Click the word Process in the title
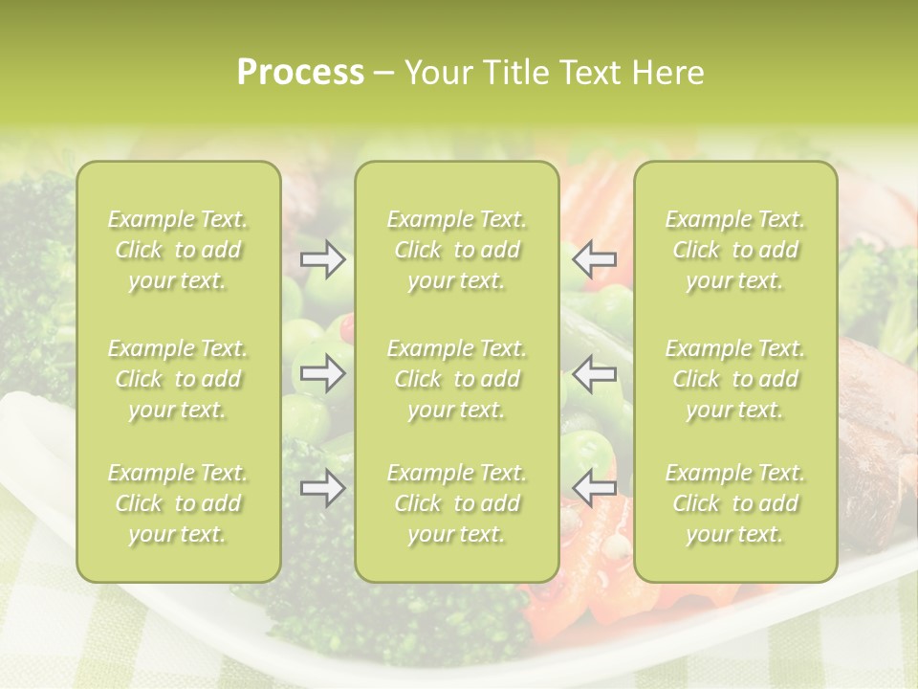point(300,73)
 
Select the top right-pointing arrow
point(322,259)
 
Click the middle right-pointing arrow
point(322,373)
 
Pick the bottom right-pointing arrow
point(322,488)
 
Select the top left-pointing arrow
point(595,259)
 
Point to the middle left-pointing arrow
point(595,373)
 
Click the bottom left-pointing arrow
point(595,488)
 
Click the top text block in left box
point(178,250)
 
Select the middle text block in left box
point(178,379)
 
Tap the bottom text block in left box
point(178,503)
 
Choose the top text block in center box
point(456,250)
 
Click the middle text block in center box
point(456,379)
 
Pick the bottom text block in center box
point(456,503)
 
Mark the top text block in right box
point(735,250)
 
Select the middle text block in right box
point(735,379)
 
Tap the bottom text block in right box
point(735,503)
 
